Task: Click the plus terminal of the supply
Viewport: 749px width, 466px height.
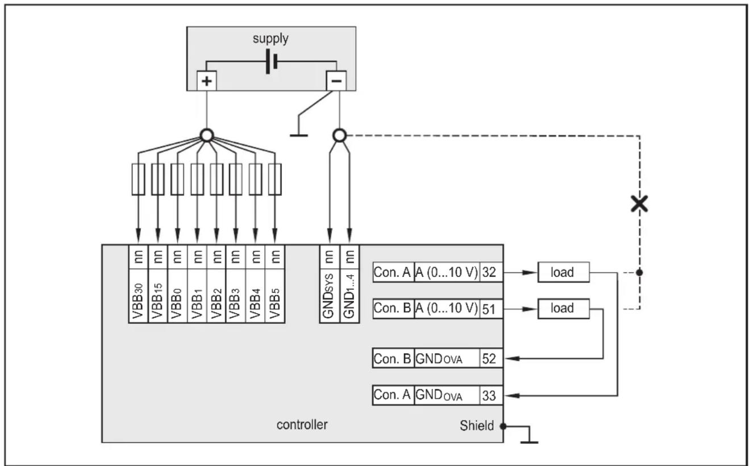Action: (x=207, y=81)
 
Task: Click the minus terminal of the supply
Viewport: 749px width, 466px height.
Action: (x=336, y=81)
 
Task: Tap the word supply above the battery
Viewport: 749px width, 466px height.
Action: (x=271, y=39)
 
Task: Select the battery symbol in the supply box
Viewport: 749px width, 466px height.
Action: (x=271, y=61)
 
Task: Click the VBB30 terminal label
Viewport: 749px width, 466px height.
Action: (x=138, y=301)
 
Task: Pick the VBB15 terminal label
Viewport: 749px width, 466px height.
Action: (x=157, y=301)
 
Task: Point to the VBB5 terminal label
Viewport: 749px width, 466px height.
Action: (x=275, y=303)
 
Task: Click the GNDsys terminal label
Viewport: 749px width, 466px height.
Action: (x=328, y=296)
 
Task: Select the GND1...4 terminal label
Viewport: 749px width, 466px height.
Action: (x=349, y=296)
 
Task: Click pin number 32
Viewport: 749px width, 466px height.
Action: (x=489, y=272)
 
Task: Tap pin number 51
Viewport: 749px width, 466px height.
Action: (x=489, y=309)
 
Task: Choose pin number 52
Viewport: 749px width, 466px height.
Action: (x=489, y=359)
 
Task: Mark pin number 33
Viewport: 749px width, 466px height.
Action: (x=489, y=396)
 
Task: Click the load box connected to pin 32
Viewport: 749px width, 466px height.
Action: (x=563, y=272)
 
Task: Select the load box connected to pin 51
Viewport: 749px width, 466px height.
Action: (x=563, y=309)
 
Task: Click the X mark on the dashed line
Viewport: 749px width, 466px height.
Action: (x=639, y=204)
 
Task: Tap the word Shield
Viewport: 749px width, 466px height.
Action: (x=476, y=426)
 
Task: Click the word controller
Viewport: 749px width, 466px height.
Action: (x=302, y=425)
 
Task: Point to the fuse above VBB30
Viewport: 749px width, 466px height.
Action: (x=138, y=180)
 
